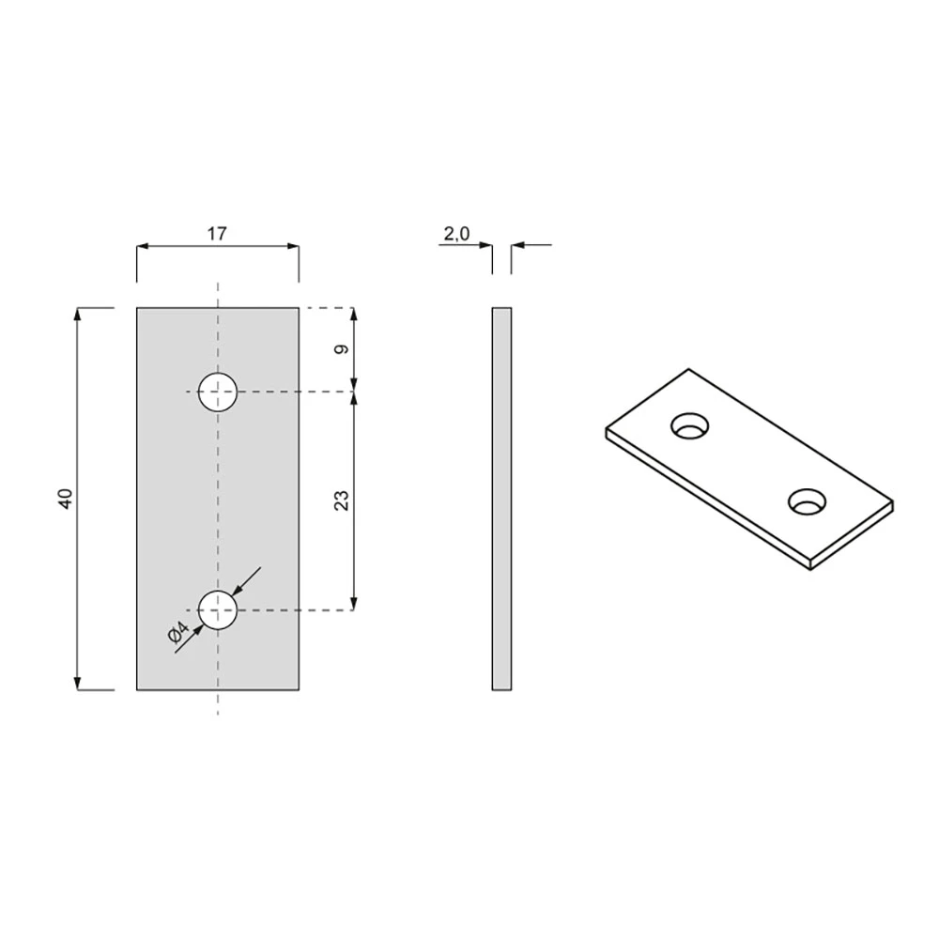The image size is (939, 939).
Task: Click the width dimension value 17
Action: coord(217,234)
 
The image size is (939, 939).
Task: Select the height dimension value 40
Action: coord(66,499)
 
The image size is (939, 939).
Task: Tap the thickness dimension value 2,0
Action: coord(457,234)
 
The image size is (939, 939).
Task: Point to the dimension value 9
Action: coord(342,349)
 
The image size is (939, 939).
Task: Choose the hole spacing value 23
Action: coord(342,500)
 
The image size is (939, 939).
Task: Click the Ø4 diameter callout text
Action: coord(178,632)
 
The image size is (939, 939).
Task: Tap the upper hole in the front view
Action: coord(218,392)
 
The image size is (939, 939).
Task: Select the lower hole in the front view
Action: coord(218,610)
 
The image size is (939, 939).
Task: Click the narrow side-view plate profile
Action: coord(501,499)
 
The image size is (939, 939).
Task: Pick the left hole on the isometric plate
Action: coord(690,425)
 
